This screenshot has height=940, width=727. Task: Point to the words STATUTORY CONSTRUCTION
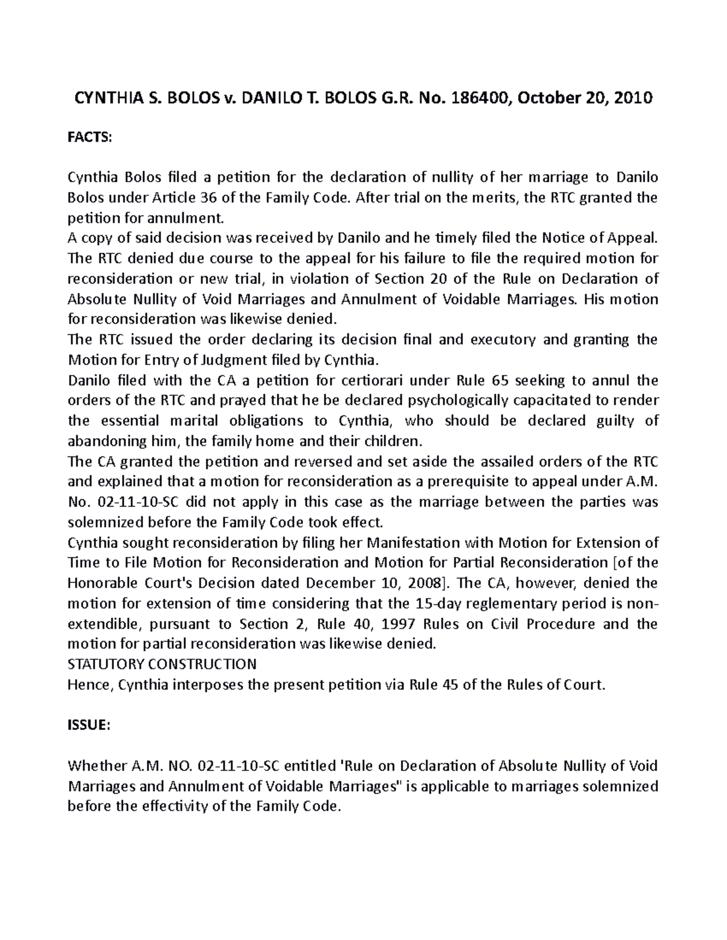(x=162, y=665)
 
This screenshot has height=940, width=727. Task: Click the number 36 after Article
(x=205, y=198)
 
